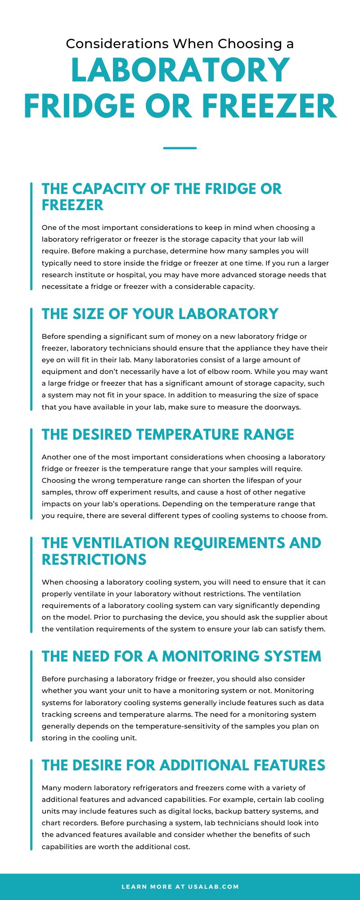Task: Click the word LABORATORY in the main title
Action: pyautogui.click(x=180, y=71)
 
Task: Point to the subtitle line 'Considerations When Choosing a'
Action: pyautogui.click(x=180, y=44)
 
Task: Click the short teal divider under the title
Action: pyautogui.click(x=180, y=148)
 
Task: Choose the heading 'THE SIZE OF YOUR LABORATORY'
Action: pyautogui.click(x=160, y=314)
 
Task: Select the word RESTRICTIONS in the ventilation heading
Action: pyautogui.click(x=94, y=559)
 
